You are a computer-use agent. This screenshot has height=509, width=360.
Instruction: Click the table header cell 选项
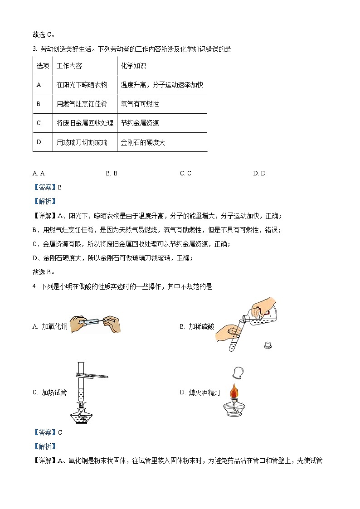click(43, 66)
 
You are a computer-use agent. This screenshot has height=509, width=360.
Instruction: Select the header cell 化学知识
click(133, 66)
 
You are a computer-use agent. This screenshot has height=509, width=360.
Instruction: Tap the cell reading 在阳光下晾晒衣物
click(82, 85)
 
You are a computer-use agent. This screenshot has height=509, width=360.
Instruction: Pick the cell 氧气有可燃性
click(140, 104)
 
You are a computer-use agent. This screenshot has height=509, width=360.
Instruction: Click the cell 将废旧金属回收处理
click(85, 123)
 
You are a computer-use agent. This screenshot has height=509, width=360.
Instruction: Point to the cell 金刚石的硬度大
click(143, 142)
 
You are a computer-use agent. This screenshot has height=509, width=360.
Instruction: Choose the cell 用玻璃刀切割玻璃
click(82, 142)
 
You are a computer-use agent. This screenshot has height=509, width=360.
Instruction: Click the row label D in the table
click(39, 142)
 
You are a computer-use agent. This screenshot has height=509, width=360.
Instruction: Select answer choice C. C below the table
click(185, 173)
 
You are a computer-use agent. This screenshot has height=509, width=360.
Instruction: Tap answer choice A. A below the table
click(39, 173)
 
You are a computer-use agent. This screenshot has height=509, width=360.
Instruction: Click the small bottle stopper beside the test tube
click(268, 345)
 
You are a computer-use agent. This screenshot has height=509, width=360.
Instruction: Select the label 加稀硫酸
click(201, 326)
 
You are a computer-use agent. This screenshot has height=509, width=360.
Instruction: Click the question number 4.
click(34, 286)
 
